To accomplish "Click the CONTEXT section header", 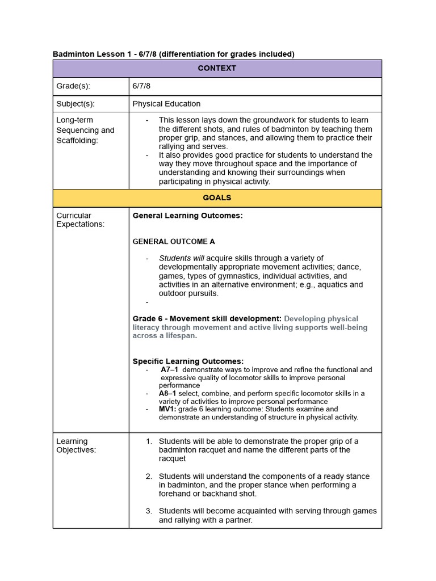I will tap(217, 68).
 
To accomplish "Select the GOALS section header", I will tap(217, 198).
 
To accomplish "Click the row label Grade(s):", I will tap(73, 86).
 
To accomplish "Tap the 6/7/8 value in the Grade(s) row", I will tap(141, 86).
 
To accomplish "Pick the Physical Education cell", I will tap(166, 104).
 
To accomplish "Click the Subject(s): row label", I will tap(76, 104).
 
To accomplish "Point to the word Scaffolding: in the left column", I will tap(77, 140).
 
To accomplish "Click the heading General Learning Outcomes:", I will tap(187, 216).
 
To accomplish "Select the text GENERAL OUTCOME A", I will tap(174, 241).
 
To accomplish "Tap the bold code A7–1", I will tap(169, 369).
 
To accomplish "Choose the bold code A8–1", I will tap(168, 393).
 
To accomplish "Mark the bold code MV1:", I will tap(167, 409).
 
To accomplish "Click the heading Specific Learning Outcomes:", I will tap(188, 361).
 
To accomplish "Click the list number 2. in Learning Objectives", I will tap(149, 476).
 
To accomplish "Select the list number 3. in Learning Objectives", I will tap(149, 511).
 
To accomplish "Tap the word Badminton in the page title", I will tap(73, 54).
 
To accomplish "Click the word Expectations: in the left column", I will tap(80, 224).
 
